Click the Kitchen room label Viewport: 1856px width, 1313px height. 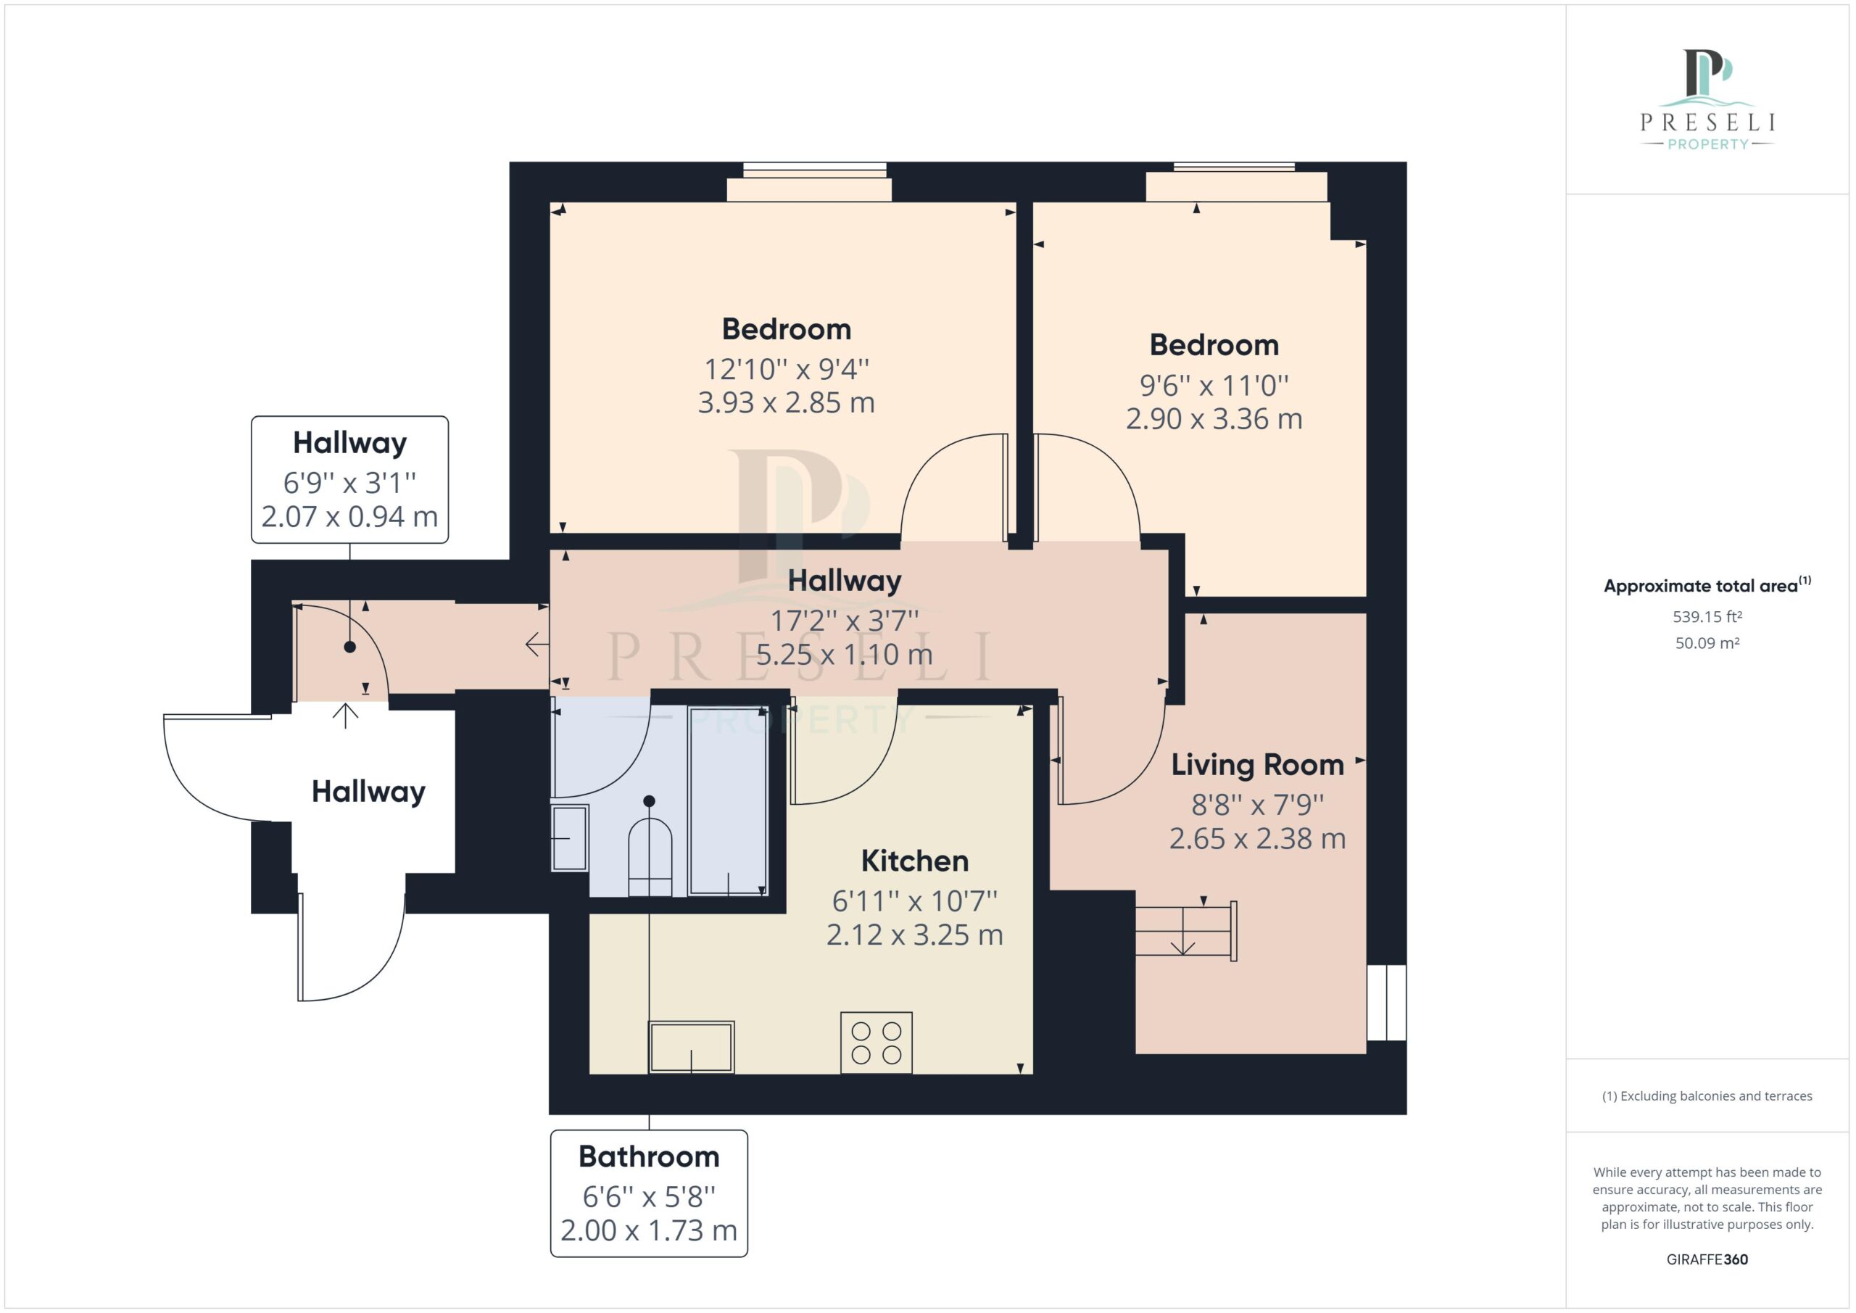pyautogui.click(x=914, y=861)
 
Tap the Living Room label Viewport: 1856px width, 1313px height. pyautogui.click(x=1257, y=765)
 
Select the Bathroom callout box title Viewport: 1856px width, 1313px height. pyautogui.click(x=648, y=1157)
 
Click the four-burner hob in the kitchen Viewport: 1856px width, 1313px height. pyautogui.click(x=877, y=1043)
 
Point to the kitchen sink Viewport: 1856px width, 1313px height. pyautogui.click(x=691, y=1048)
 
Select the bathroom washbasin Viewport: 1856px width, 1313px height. pyautogui.click(x=570, y=838)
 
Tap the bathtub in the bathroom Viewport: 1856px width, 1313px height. pyautogui.click(x=727, y=800)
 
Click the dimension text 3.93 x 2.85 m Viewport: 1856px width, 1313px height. pyautogui.click(x=787, y=402)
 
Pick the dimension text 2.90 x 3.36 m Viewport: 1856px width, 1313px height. pyautogui.click(x=1214, y=419)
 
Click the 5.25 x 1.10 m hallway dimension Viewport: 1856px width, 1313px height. pyautogui.click(x=844, y=654)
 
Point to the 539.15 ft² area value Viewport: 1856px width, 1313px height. pyautogui.click(x=1707, y=617)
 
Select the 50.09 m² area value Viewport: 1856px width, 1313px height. pyautogui.click(x=1707, y=644)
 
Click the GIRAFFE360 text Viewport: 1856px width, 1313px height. pyautogui.click(x=1707, y=1259)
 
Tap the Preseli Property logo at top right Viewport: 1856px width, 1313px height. pyautogui.click(x=1707, y=99)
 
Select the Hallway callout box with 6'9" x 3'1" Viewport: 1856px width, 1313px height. pyautogui.click(x=350, y=479)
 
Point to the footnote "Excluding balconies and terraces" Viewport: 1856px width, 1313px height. pyautogui.click(x=1707, y=1096)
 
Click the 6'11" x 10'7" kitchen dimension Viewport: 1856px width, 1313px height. pyautogui.click(x=914, y=901)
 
